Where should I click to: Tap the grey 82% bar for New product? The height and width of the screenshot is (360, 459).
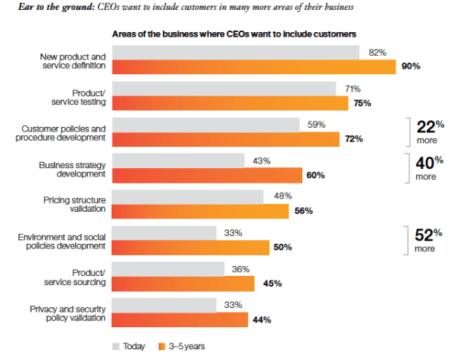[x=236, y=53]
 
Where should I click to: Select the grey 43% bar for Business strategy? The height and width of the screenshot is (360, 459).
[x=178, y=161]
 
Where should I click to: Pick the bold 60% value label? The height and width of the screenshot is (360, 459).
[x=315, y=175]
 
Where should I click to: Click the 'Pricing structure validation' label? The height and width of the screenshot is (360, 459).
[x=73, y=203]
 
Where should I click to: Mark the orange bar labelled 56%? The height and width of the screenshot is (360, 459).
[x=200, y=211]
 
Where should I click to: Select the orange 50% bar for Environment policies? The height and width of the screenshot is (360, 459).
[x=190, y=247]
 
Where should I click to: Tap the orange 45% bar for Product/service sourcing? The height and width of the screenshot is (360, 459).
[x=183, y=283]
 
